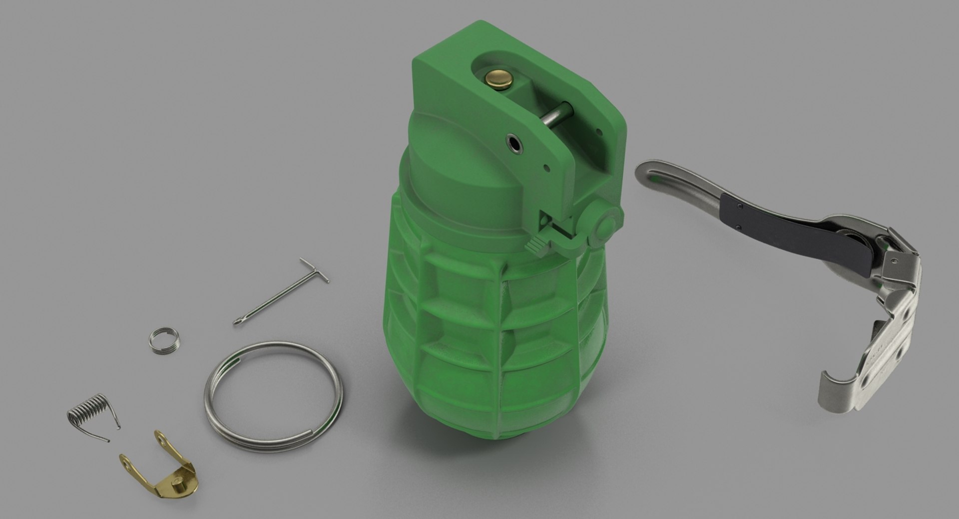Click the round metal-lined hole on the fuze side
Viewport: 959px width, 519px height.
point(514,143)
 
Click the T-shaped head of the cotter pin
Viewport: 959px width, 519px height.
point(314,270)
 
